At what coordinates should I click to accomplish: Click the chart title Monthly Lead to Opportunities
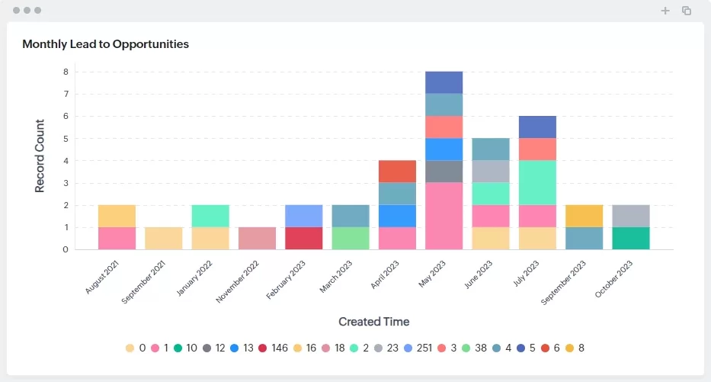pyautogui.click(x=105, y=44)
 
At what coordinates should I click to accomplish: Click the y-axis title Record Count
pyautogui.click(x=40, y=155)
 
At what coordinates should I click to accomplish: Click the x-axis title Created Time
pyautogui.click(x=373, y=321)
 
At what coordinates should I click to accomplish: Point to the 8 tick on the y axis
pyautogui.click(x=66, y=72)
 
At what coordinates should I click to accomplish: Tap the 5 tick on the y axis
pyautogui.click(x=66, y=139)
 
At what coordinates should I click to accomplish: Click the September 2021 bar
pyautogui.click(x=164, y=238)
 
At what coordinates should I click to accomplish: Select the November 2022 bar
pyautogui.click(x=257, y=238)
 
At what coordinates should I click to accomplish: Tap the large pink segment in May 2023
pyautogui.click(x=444, y=216)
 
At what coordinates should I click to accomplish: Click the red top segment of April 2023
pyautogui.click(x=397, y=171)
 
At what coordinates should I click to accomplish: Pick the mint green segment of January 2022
pyautogui.click(x=210, y=216)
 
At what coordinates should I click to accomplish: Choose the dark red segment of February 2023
pyautogui.click(x=303, y=238)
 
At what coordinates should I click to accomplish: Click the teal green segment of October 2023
pyautogui.click(x=630, y=238)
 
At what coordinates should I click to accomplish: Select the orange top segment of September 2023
pyautogui.click(x=584, y=216)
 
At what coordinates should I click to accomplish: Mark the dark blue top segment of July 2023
pyautogui.click(x=537, y=127)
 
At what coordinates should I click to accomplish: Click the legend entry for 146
pyautogui.click(x=274, y=348)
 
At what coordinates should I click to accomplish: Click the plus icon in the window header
pyautogui.click(x=665, y=11)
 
